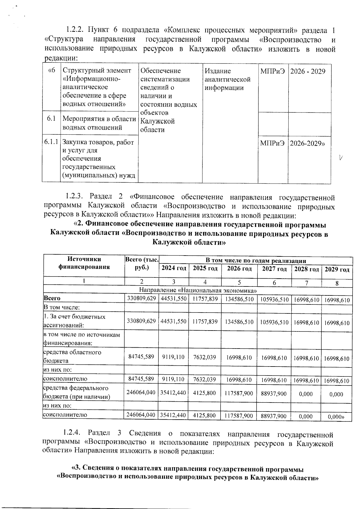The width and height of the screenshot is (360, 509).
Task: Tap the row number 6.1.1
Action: click(51, 142)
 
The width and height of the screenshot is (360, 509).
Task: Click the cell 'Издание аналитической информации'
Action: click(227, 79)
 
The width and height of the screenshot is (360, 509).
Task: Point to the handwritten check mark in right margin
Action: click(340, 157)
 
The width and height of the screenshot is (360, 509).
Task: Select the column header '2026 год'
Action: click(239, 268)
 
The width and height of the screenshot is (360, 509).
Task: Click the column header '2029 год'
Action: click(337, 269)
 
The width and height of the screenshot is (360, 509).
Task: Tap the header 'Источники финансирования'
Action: click(84, 263)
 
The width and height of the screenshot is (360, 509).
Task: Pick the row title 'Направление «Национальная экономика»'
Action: click(198, 290)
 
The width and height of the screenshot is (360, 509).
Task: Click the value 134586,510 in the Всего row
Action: click(239, 299)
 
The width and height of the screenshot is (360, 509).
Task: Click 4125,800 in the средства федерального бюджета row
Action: click(205, 393)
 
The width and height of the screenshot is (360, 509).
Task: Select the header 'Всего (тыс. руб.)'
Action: click(141, 263)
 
